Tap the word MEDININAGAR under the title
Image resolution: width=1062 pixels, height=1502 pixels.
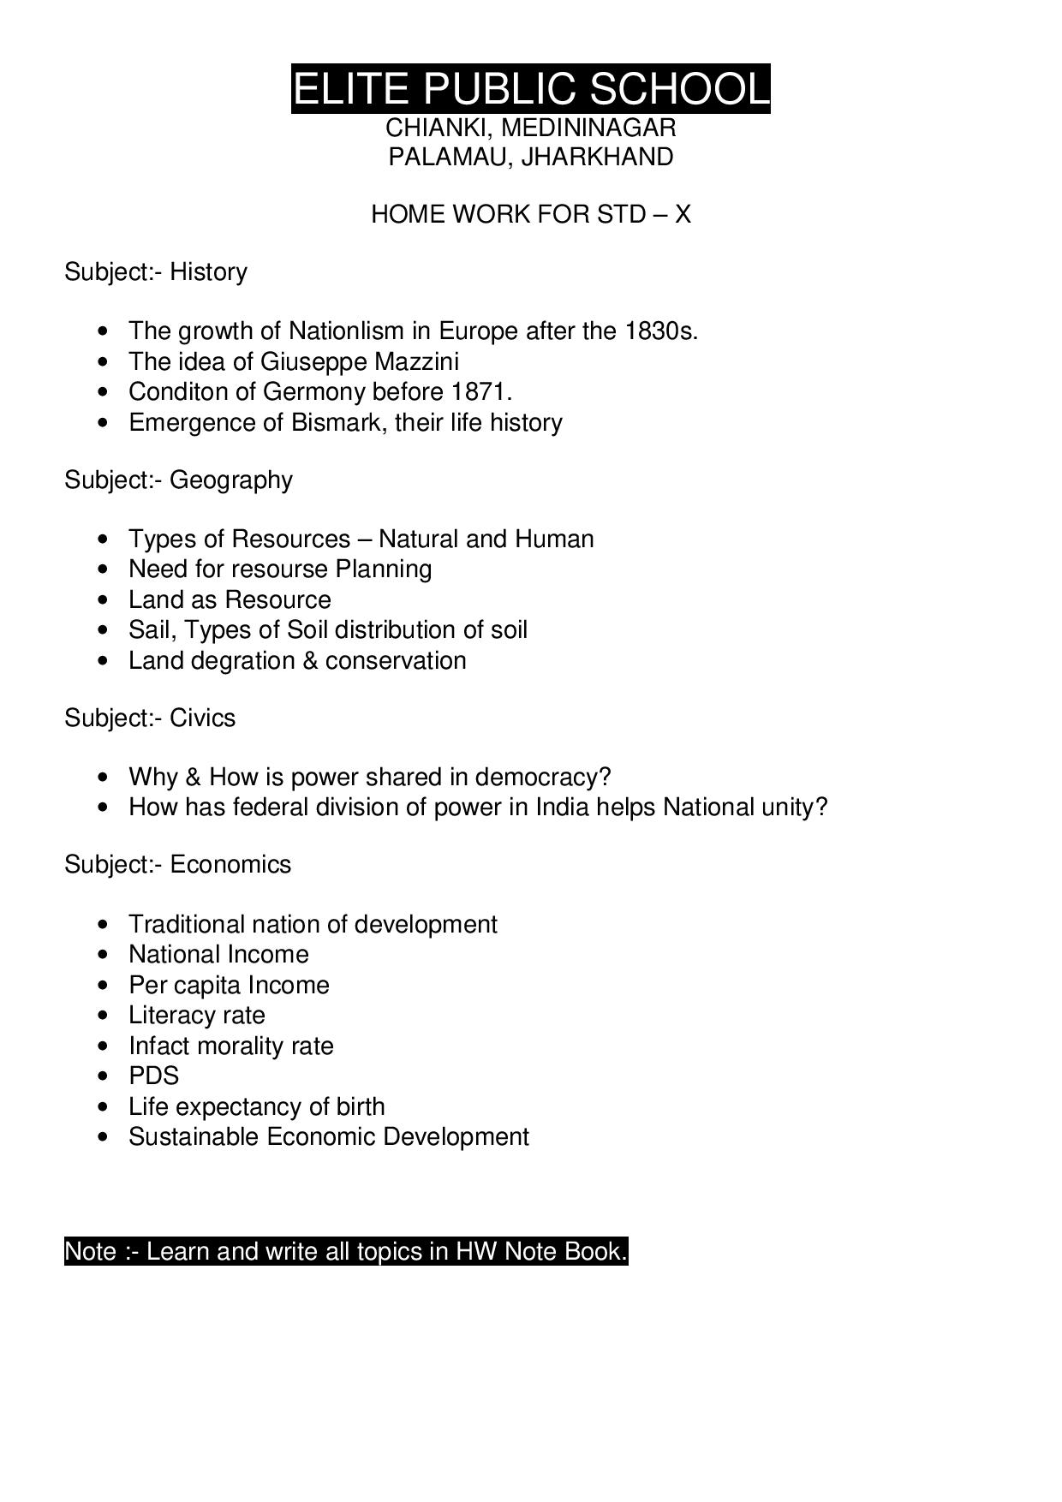(588, 128)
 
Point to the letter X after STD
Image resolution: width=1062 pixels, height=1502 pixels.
(682, 214)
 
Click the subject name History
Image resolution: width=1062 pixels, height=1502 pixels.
(208, 272)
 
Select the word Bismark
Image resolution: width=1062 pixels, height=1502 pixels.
(331, 423)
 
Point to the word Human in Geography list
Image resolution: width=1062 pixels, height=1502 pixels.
(554, 539)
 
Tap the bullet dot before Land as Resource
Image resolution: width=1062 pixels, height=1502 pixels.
(104, 600)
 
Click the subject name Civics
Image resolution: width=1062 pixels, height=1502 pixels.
(202, 718)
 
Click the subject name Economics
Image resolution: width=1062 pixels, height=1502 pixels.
(230, 865)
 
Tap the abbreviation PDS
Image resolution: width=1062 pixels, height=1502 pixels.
(154, 1076)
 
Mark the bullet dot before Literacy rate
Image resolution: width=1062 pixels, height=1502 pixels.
(104, 1016)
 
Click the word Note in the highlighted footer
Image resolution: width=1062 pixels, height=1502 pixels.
(90, 1252)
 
